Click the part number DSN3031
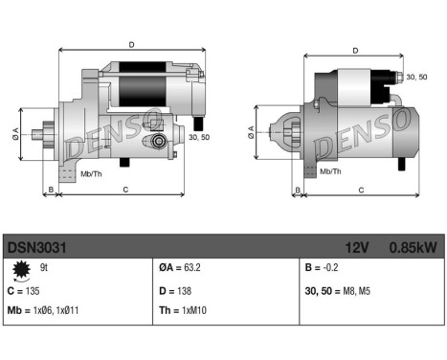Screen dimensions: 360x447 (x=36, y=247)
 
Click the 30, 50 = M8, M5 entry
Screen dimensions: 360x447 (x=341, y=290)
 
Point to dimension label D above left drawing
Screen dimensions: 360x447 (x=132, y=44)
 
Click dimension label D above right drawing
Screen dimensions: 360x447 (x=355, y=51)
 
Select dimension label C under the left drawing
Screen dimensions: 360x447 (x=126, y=190)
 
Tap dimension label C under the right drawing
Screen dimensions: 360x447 (x=361, y=190)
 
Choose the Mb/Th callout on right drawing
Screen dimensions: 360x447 (x=330, y=171)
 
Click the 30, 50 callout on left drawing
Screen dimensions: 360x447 (x=199, y=138)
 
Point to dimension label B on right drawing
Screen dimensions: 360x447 (x=298, y=190)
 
